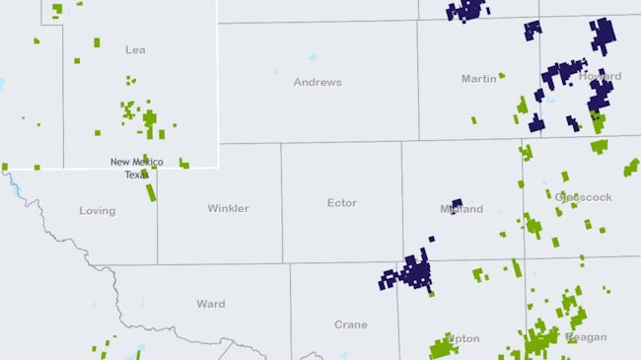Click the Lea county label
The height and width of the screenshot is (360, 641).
click(135, 49)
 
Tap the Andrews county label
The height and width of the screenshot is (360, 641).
click(318, 83)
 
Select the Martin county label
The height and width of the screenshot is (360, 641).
click(479, 79)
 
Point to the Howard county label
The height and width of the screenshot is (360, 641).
click(601, 76)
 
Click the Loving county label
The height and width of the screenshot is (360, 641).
click(97, 211)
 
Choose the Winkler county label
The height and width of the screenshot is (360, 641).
click(228, 209)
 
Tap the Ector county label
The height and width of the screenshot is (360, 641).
click(341, 203)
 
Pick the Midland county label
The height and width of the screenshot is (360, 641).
click(462, 210)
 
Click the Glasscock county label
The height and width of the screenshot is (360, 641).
click(584, 197)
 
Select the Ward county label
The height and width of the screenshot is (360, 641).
click(211, 305)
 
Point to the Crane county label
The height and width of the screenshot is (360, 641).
click(350, 324)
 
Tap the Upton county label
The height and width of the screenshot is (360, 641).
click(463, 338)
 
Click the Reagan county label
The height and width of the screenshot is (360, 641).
click(586, 337)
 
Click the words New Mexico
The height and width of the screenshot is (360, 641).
click(136, 162)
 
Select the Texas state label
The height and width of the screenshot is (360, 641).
click(136, 175)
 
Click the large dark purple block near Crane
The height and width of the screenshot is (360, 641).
click(413, 271)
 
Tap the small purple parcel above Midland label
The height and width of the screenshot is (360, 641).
click(457, 204)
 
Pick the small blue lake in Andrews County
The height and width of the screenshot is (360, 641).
click(313, 57)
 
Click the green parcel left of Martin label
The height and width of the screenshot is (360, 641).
click(502, 75)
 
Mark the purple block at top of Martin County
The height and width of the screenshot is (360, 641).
click(466, 10)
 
